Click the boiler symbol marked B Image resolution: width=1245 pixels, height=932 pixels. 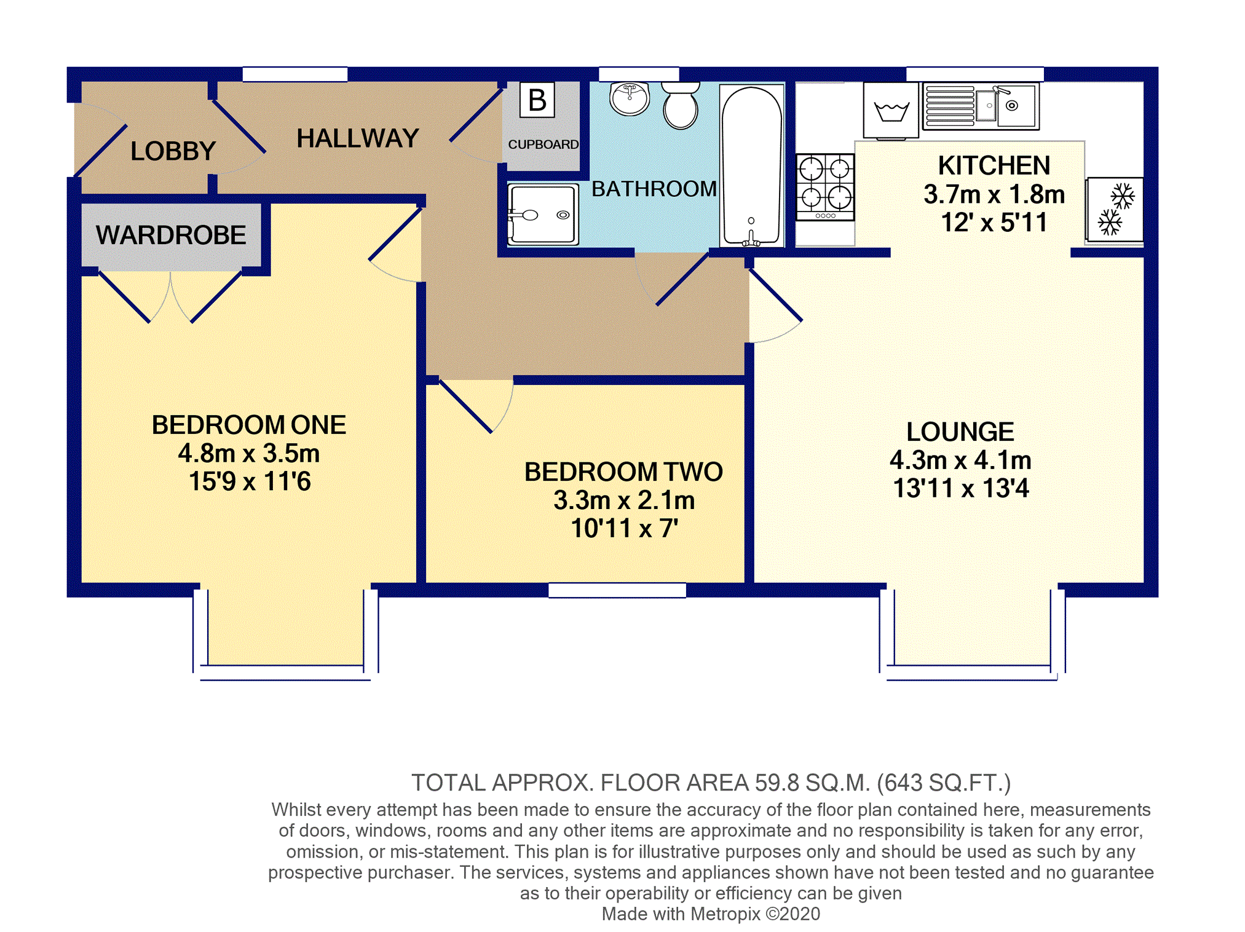click(537, 100)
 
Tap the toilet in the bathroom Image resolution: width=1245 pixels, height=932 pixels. click(681, 106)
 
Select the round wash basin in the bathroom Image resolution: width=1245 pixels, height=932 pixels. click(630, 98)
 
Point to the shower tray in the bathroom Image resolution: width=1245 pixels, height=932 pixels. click(543, 214)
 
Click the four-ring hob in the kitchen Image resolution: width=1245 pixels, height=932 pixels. click(825, 187)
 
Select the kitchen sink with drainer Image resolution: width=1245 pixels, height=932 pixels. click(981, 106)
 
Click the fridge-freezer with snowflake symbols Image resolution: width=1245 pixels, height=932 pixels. click(1115, 210)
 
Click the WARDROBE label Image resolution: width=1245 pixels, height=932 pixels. click(171, 235)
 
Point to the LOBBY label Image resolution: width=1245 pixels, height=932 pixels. click(173, 151)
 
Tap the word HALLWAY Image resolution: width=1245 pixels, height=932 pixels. click(358, 138)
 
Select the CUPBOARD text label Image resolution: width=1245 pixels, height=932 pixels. click(543, 144)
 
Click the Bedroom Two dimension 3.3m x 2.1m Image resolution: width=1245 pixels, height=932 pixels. click(624, 500)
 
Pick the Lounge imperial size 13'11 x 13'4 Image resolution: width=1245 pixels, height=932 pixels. click(960, 488)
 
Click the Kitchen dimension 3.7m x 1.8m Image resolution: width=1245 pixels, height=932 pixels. click(994, 195)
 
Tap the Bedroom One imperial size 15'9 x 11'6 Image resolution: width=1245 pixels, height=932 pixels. click(250, 481)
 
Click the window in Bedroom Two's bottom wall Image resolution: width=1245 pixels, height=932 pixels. click(617, 590)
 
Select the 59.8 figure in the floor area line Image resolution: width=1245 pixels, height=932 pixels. click(777, 783)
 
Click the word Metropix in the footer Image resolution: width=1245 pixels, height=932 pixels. click(725, 914)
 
